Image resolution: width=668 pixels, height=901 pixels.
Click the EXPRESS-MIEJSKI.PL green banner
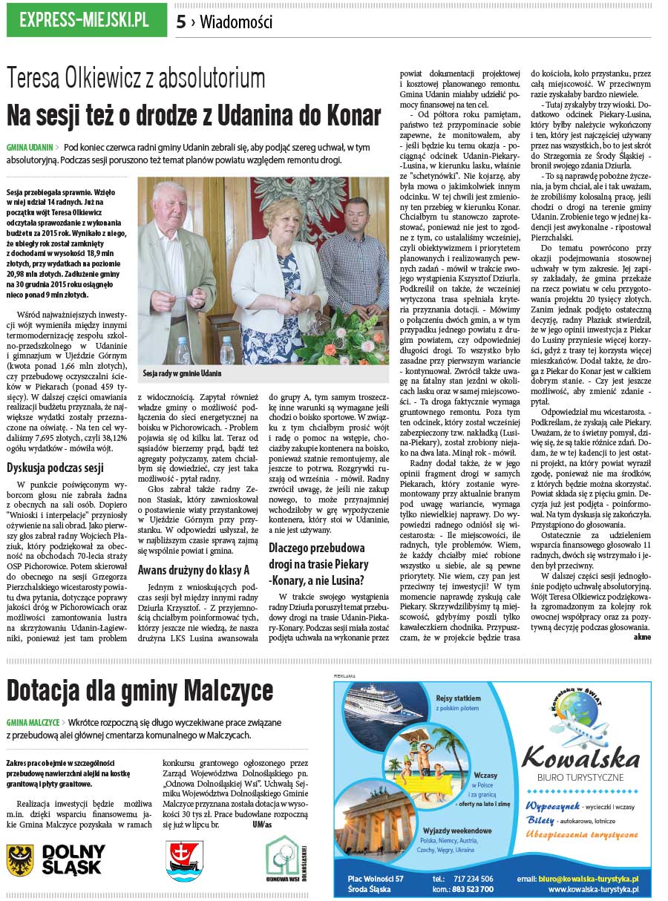(86, 20)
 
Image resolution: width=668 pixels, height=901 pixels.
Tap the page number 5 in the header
(181, 22)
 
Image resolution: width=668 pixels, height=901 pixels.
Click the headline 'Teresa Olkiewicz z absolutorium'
(136, 79)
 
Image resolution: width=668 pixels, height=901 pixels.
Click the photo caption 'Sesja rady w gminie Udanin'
(183, 373)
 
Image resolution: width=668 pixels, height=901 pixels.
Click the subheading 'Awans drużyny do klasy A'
(193, 570)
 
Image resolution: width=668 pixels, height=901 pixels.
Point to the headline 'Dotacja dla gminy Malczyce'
(140, 691)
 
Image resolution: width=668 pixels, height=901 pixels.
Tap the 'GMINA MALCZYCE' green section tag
(33, 721)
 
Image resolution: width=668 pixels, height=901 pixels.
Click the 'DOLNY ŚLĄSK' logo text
(73, 859)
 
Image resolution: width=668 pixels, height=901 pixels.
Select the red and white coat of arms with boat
(185, 860)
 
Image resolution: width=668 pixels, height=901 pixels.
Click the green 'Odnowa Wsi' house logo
(283, 859)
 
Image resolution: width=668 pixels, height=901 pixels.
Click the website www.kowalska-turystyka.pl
(593, 889)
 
